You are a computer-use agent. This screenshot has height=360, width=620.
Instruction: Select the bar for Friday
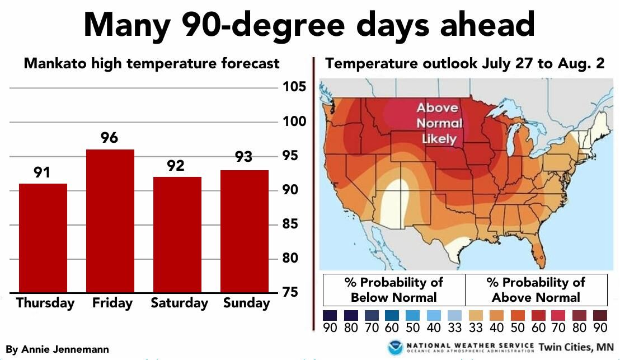click(x=110, y=221)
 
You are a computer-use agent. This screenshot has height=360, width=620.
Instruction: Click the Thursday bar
click(x=43, y=237)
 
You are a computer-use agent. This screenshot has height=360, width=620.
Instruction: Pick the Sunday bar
click(x=244, y=231)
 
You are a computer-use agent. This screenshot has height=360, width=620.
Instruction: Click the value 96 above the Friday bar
click(x=110, y=138)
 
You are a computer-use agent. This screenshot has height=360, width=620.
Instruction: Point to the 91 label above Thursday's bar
click(x=42, y=172)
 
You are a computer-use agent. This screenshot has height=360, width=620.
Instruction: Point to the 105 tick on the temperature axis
click(x=294, y=87)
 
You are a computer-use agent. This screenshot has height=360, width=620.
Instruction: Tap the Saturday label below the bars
click(x=179, y=303)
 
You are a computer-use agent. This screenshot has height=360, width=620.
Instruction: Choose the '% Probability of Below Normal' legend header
click(x=394, y=289)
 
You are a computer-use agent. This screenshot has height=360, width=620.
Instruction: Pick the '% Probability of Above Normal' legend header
click(x=536, y=289)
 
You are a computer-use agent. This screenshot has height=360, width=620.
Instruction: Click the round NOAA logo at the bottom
click(x=396, y=347)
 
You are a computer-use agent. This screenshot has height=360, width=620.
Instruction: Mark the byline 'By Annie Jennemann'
click(x=58, y=349)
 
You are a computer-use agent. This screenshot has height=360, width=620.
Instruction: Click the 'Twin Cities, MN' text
click(x=576, y=347)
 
